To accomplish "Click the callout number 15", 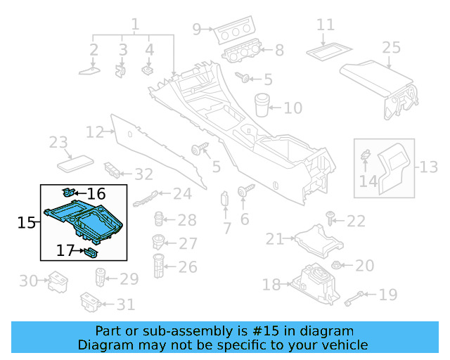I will coord(26,223).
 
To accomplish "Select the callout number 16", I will coord(96,193).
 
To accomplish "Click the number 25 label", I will coord(391,48).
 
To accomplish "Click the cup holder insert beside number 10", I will coord(262,104).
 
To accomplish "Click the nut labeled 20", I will coord(336,266).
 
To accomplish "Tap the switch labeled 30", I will coord(56,283).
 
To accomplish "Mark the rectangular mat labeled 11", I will coord(325,50).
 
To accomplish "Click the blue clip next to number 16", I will coord(69,191).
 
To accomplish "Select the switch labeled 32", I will coord(112,170).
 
